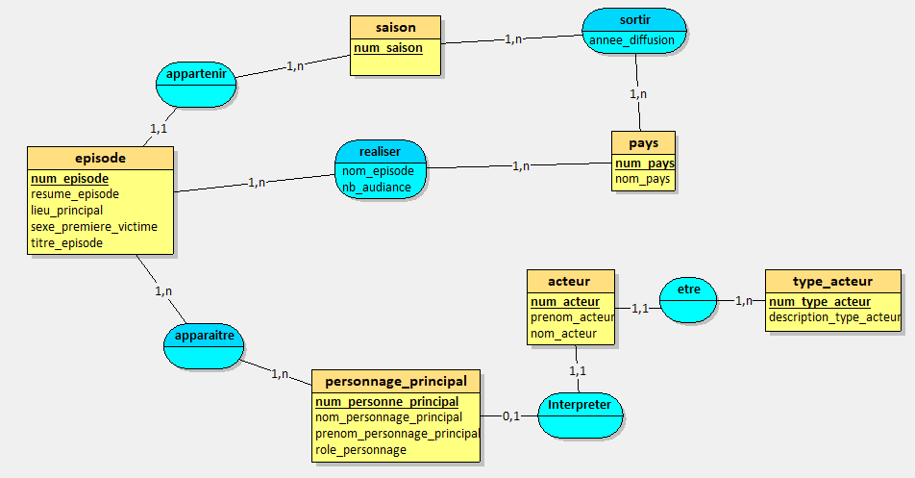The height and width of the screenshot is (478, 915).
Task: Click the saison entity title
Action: [x=395, y=27]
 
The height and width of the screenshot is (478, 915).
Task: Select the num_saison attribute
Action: [x=388, y=48]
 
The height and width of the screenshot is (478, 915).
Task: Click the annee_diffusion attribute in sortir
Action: [x=632, y=39]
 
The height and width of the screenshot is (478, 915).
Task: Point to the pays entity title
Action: [x=643, y=142]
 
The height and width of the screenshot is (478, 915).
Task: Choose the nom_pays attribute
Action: [x=641, y=179]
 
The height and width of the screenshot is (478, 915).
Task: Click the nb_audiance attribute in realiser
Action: [x=376, y=188]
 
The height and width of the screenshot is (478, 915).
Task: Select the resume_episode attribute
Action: [x=75, y=194]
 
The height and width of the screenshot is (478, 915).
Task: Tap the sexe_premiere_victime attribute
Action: [x=94, y=227]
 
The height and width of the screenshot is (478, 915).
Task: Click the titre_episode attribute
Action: [x=66, y=243]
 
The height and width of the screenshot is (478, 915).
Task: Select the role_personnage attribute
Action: [x=360, y=449]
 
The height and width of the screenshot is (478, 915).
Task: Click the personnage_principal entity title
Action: [x=396, y=381]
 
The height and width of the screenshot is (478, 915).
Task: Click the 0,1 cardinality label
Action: [x=510, y=415]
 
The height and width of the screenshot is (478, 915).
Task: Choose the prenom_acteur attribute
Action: [x=572, y=317]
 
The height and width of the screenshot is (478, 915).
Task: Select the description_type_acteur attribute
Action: [x=833, y=317]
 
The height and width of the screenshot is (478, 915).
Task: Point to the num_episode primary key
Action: [x=69, y=178]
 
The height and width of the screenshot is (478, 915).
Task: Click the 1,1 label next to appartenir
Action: [x=158, y=128]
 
